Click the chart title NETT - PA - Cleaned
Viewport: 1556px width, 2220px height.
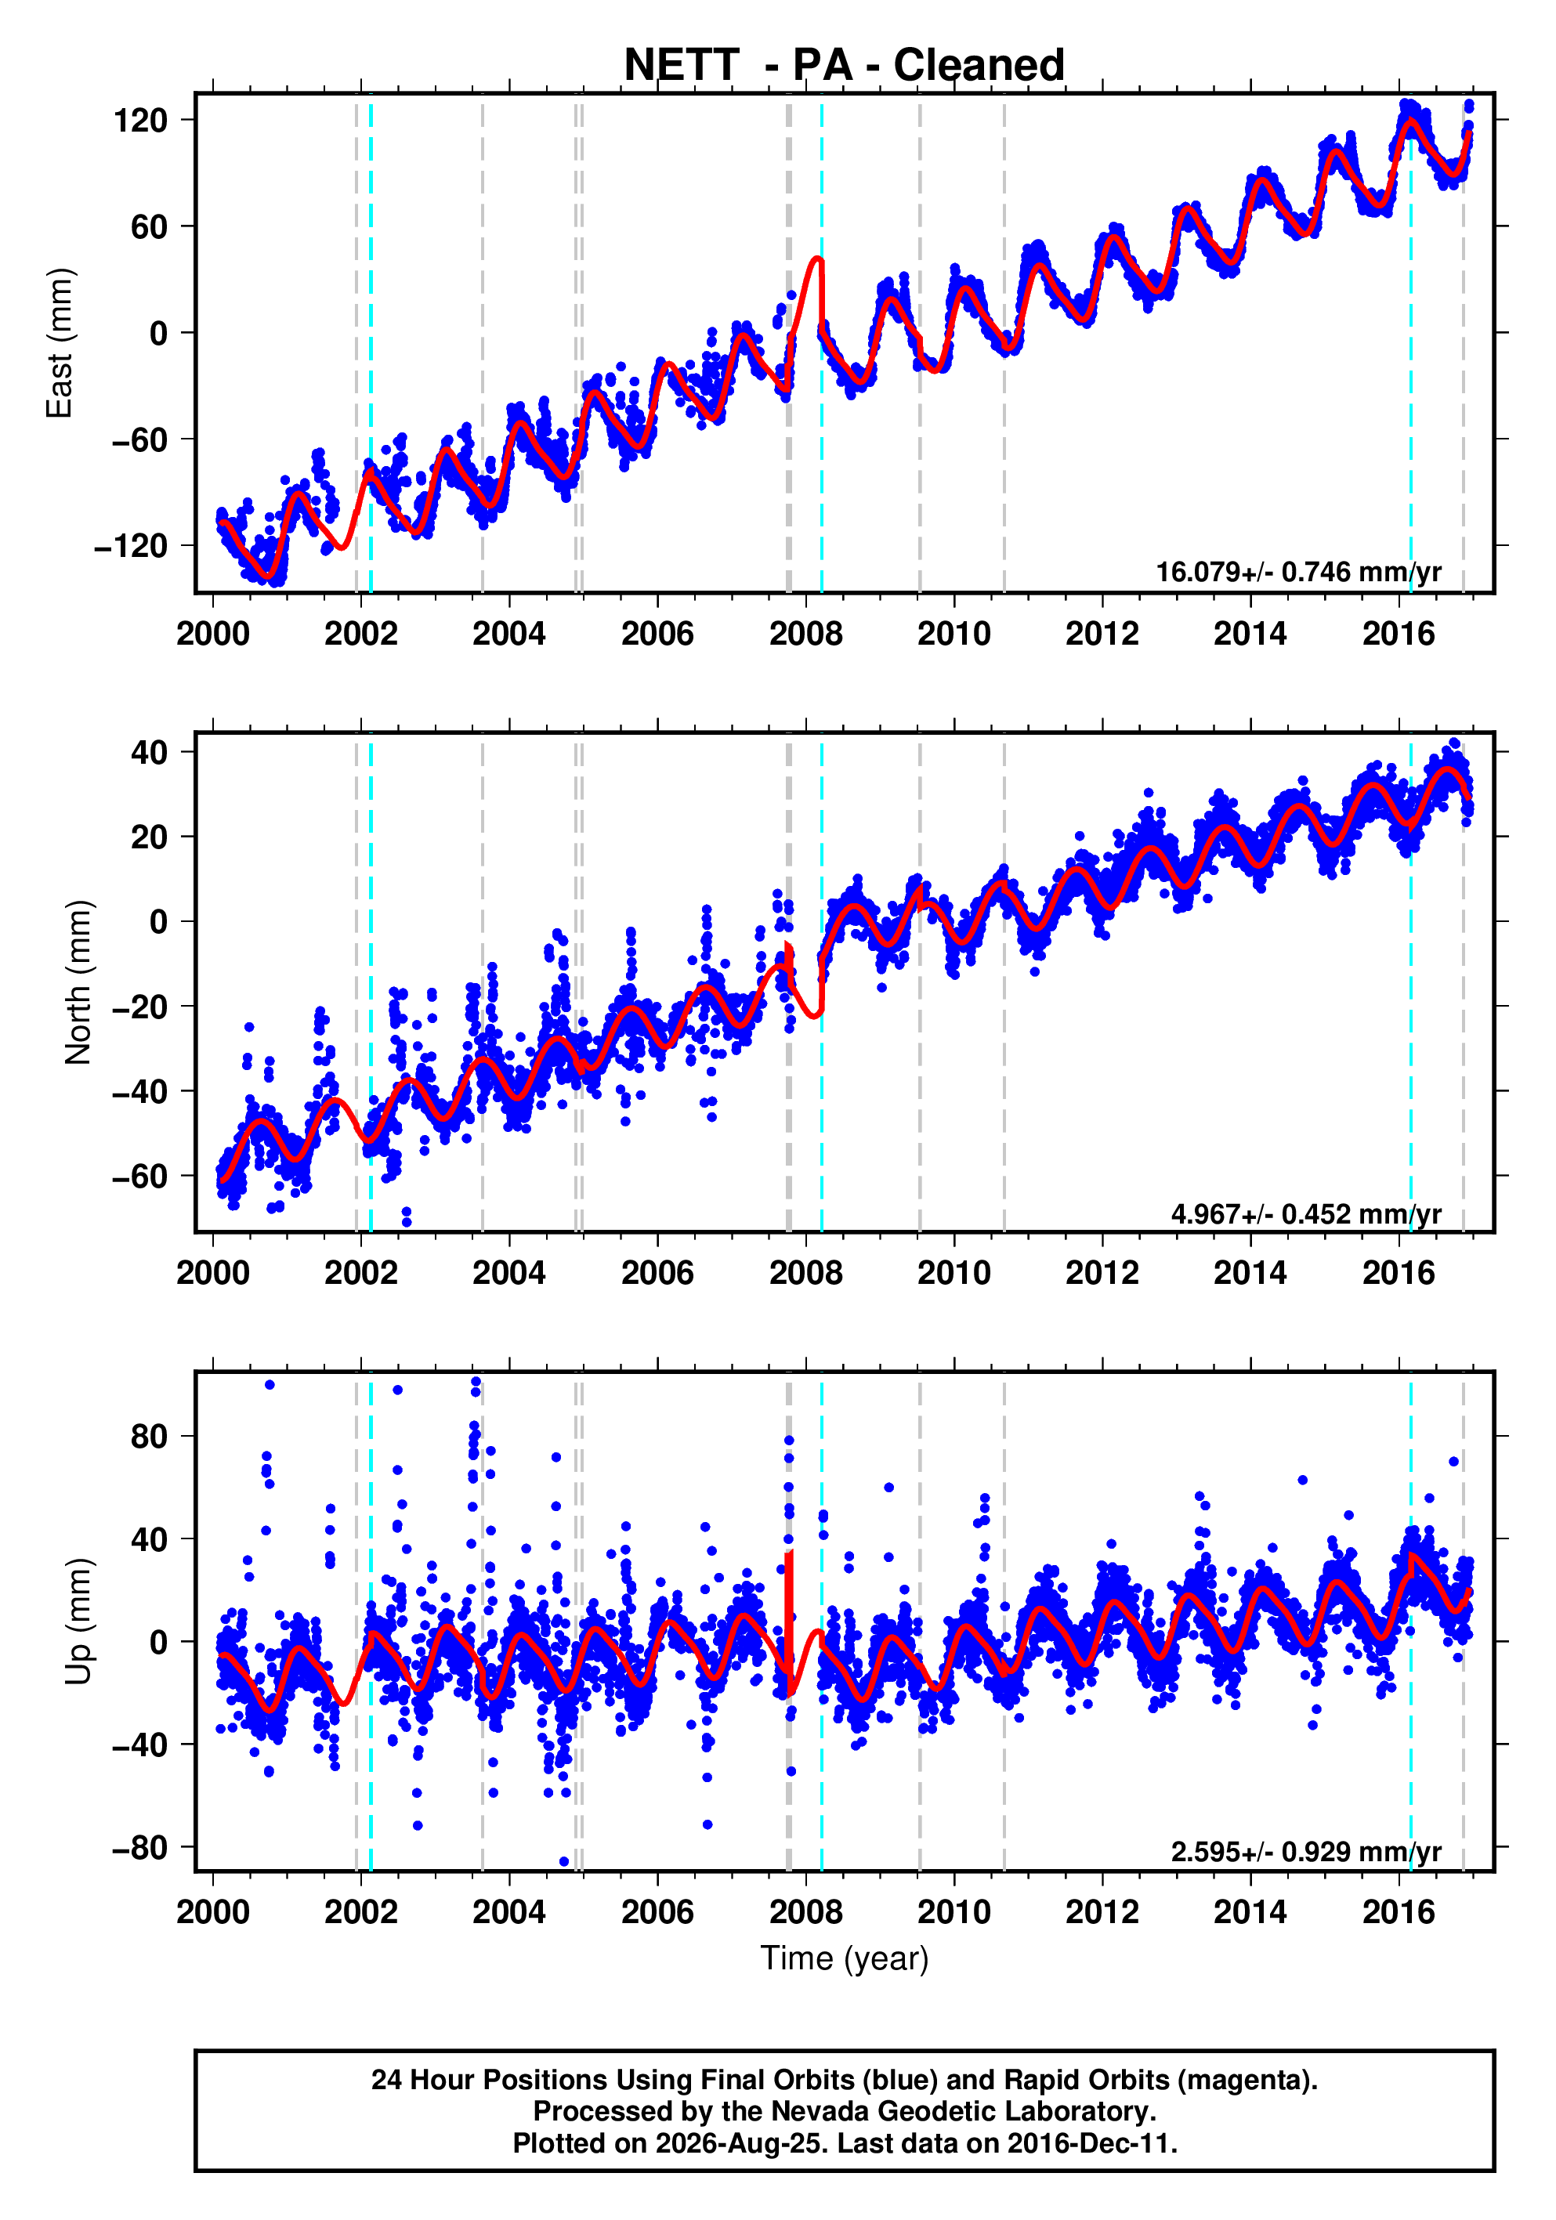(845, 65)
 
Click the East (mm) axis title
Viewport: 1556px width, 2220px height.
(59, 343)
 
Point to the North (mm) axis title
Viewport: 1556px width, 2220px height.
(78, 982)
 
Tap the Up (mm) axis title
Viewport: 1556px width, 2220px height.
(78, 1622)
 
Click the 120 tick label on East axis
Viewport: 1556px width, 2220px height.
(140, 120)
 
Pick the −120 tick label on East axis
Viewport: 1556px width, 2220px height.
(131, 546)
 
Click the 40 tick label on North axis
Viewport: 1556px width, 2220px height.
(150, 751)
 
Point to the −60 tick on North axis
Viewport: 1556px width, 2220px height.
(140, 1177)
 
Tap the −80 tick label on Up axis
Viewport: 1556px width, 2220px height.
(140, 1848)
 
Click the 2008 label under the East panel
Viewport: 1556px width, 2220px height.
(805, 635)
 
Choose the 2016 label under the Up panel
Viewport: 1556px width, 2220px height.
(1399, 1911)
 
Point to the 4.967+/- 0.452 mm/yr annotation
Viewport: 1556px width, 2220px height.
(1307, 1213)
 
